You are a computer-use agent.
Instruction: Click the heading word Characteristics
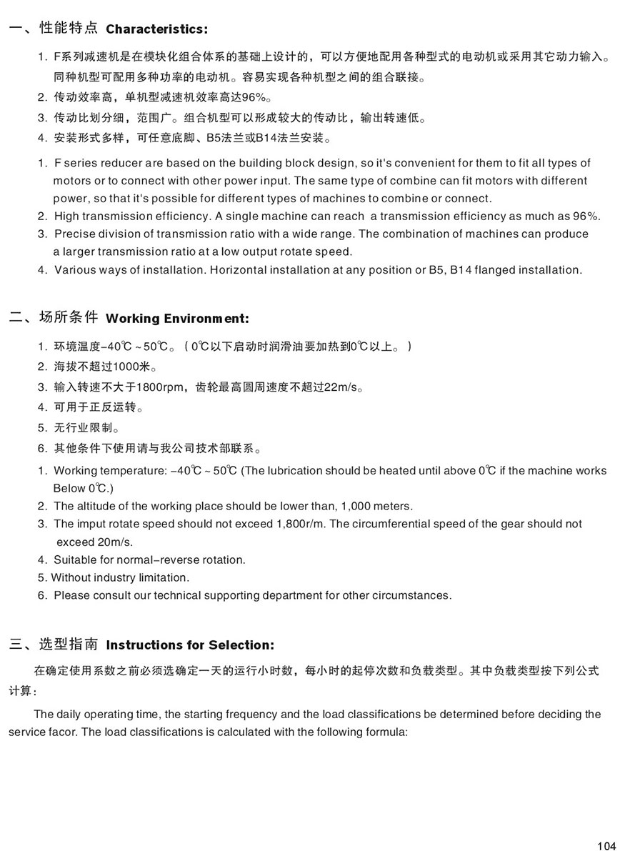pyautogui.click(x=156, y=29)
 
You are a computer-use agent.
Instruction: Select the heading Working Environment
pyautogui.click(x=177, y=319)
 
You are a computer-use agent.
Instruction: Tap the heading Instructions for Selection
pyautogui.click(x=189, y=645)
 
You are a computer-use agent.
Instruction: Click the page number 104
pyautogui.click(x=606, y=846)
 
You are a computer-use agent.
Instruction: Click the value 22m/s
pyautogui.click(x=340, y=388)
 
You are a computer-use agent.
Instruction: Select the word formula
pyautogui.click(x=386, y=732)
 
